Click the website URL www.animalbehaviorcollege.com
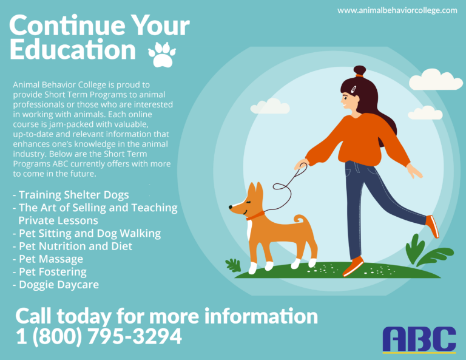tap(397, 11)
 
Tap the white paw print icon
tap(162, 55)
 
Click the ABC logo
tap(419, 340)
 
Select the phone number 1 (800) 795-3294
tap(99, 336)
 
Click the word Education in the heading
tap(73, 50)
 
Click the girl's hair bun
tap(360, 71)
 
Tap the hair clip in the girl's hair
tap(354, 89)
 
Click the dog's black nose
tap(231, 207)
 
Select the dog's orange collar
tap(255, 216)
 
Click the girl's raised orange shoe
tap(433, 226)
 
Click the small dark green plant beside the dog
tap(233, 265)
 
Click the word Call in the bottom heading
tap(33, 316)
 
